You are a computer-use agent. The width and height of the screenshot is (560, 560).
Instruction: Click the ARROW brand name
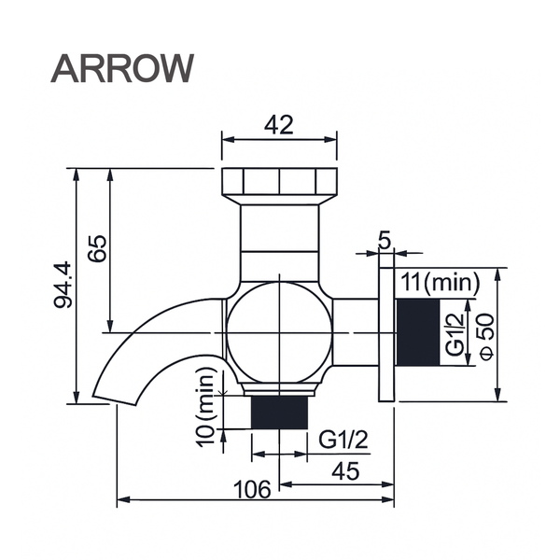pos(122,67)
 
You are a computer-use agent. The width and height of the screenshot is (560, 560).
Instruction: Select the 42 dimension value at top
pos(279,124)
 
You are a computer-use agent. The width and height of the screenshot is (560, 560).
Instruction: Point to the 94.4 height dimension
pos(63,286)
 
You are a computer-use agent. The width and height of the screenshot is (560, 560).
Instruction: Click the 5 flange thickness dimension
pos(385,240)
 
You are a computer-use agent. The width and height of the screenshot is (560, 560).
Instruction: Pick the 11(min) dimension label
pos(439,281)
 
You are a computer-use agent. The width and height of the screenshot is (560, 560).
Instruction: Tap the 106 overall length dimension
pos(252,488)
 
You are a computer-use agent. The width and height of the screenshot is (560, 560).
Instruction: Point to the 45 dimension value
pos(344,471)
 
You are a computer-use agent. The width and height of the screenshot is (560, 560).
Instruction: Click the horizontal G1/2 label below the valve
pos(342,439)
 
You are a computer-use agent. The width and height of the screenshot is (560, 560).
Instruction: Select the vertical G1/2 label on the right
pos(455,332)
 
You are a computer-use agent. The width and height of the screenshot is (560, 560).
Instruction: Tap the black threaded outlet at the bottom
pos(280,412)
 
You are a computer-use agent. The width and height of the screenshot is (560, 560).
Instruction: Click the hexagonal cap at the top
pos(280,182)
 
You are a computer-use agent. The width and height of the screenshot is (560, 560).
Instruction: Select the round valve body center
pos(279,332)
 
